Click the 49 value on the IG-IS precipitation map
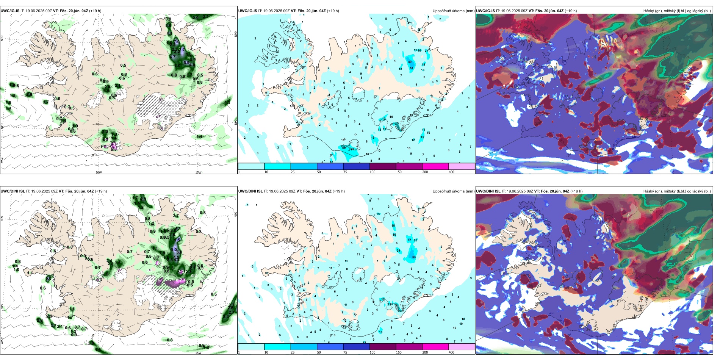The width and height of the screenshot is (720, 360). coord(410,62)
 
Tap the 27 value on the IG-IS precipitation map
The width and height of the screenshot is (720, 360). coord(427,50)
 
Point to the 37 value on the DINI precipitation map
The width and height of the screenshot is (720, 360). coord(409,240)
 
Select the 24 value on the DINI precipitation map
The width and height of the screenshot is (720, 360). coord(398,250)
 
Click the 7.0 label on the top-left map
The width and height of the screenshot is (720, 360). coord(177,42)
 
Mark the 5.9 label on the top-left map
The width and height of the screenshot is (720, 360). coord(186,63)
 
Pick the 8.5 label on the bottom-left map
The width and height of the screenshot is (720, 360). coord(174,249)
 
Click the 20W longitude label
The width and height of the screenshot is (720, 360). coord(99,172)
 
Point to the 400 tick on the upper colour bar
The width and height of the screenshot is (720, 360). coord(451,172)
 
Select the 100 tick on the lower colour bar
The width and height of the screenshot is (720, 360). coord(373,352)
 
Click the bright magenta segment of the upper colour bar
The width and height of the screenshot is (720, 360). coord(435,166)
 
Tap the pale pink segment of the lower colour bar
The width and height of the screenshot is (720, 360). coord(462,347)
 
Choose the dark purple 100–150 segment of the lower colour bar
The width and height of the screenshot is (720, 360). coord(383,347)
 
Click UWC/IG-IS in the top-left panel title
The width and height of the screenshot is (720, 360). coord(10,11)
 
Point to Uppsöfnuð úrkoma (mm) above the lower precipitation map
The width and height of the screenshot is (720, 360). coord(453,191)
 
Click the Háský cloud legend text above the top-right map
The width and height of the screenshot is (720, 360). coord(677,11)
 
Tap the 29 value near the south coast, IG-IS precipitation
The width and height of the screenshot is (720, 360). coord(344,147)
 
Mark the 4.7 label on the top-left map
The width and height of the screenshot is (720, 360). coord(172,57)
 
